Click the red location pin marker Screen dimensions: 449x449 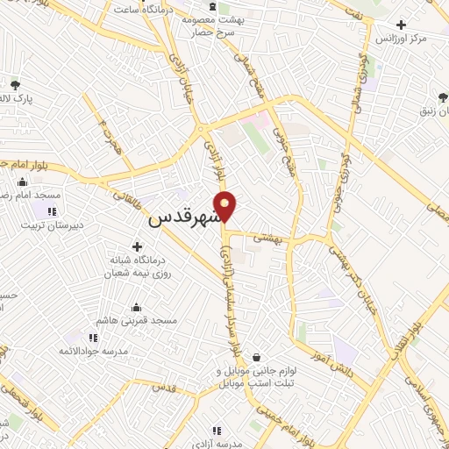click(x=226, y=206)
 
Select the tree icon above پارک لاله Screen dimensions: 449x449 click(x=15, y=85)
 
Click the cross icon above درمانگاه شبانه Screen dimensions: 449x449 click(x=136, y=247)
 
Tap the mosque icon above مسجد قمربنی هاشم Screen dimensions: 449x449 click(x=137, y=308)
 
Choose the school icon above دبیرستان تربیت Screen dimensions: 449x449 click(x=52, y=211)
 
